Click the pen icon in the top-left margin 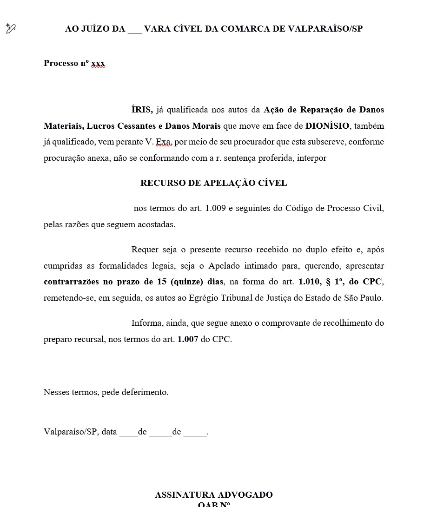(11, 29)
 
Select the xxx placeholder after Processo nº (98, 63)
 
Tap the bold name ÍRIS (142, 110)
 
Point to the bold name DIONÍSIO (327, 126)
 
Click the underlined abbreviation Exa (164, 142)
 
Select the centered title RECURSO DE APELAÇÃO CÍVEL (213, 183)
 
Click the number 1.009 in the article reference (215, 208)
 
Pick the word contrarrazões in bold (72, 282)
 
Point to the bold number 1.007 (188, 339)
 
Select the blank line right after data (128, 432)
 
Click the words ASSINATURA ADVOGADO (213, 495)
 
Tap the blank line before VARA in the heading (134, 29)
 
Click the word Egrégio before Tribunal (205, 298)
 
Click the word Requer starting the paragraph (145, 250)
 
